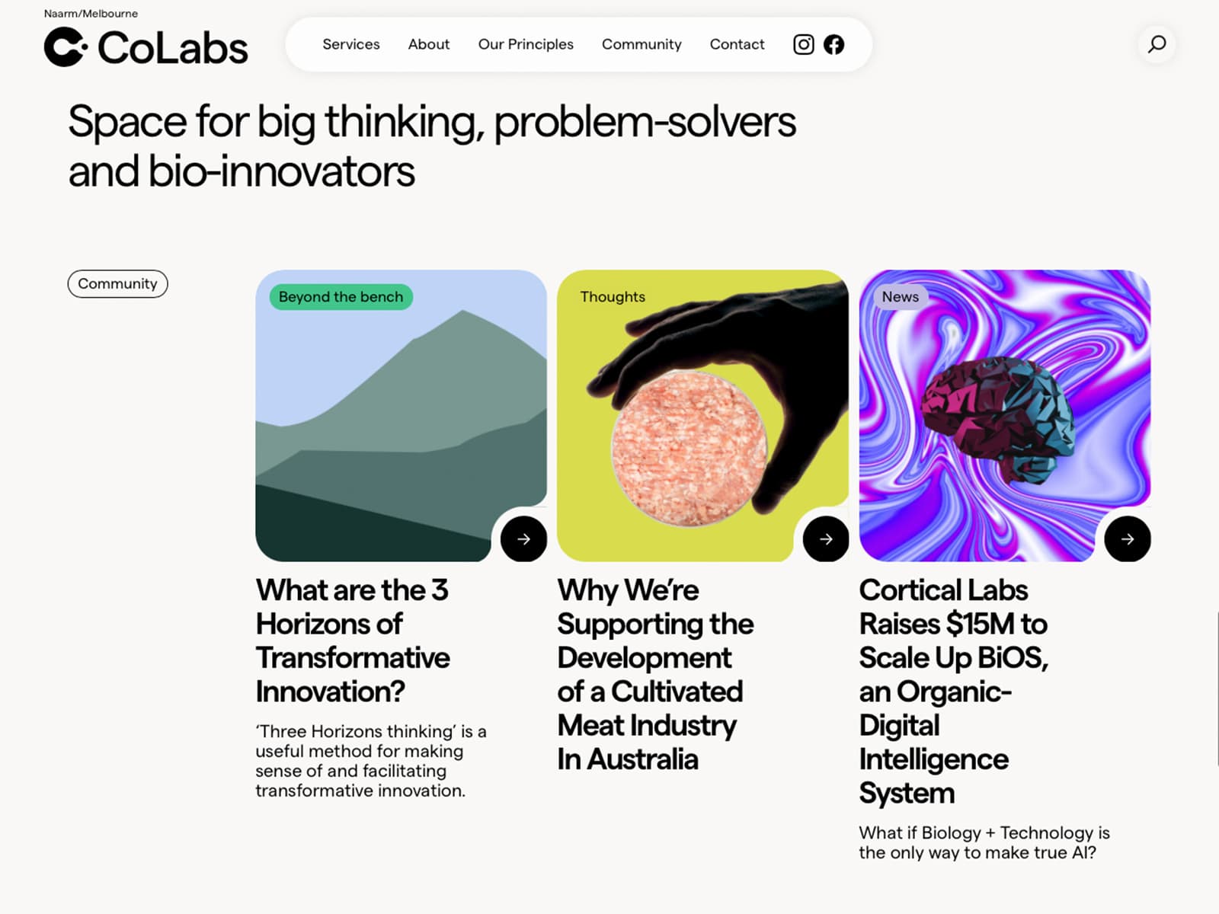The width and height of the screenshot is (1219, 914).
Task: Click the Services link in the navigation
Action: coord(351,44)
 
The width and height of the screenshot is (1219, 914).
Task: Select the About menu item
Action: coord(429,44)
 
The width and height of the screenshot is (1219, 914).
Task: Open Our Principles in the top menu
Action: coord(526,44)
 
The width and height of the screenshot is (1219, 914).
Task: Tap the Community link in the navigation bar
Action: coord(641,44)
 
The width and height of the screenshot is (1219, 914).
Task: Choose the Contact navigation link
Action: coord(737,44)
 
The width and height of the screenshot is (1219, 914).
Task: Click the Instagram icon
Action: coord(803,44)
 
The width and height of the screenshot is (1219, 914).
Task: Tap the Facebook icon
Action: coord(833,44)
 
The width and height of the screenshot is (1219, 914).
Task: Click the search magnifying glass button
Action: coord(1157,44)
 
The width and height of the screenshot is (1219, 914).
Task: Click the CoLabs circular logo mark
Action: coord(66,47)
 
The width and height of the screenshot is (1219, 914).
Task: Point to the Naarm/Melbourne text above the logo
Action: coord(91,13)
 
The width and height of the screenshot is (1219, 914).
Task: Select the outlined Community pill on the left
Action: coord(118,283)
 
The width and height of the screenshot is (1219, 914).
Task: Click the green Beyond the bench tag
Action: coord(341,297)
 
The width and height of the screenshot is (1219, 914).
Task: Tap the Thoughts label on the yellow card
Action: coord(613,297)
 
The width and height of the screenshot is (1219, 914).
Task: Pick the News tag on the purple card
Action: coord(901,297)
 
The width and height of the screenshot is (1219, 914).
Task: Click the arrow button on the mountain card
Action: coord(523,538)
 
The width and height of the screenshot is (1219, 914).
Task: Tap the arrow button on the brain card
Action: coord(1128,538)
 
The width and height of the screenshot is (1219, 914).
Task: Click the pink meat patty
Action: coord(689,448)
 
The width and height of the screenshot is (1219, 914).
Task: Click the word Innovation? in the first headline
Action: coord(331,692)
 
